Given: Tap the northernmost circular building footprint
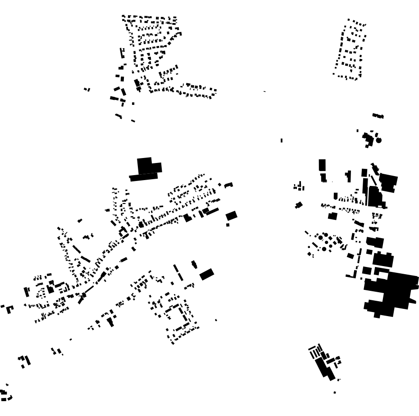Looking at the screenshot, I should [x=379, y=140].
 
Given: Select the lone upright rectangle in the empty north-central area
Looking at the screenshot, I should [x=282, y=140].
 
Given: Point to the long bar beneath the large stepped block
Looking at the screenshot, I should [x=144, y=177].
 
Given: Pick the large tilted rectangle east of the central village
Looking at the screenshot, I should [x=232, y=216].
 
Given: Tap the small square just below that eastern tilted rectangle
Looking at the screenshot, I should [x=228, y=225].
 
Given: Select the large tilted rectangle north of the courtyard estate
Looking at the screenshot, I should [x=207, y=274].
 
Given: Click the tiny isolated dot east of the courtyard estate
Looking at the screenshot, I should [x=216, y=320].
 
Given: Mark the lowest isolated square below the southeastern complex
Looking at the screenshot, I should [x=335, y=393].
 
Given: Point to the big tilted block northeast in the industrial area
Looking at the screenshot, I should [x=388, y=182].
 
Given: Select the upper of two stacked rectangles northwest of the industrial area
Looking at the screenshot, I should [x=322, y=165].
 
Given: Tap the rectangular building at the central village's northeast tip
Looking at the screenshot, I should [x=229, y=185].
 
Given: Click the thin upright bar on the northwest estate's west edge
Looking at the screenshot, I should [x=121, y=53].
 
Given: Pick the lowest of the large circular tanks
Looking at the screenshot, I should [x=324, y=249].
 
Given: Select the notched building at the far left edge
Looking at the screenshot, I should [x=9, y=309].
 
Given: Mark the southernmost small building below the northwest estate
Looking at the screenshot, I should [x=133, y=121].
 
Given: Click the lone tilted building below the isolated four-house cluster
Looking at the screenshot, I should [x=299, y=205].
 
